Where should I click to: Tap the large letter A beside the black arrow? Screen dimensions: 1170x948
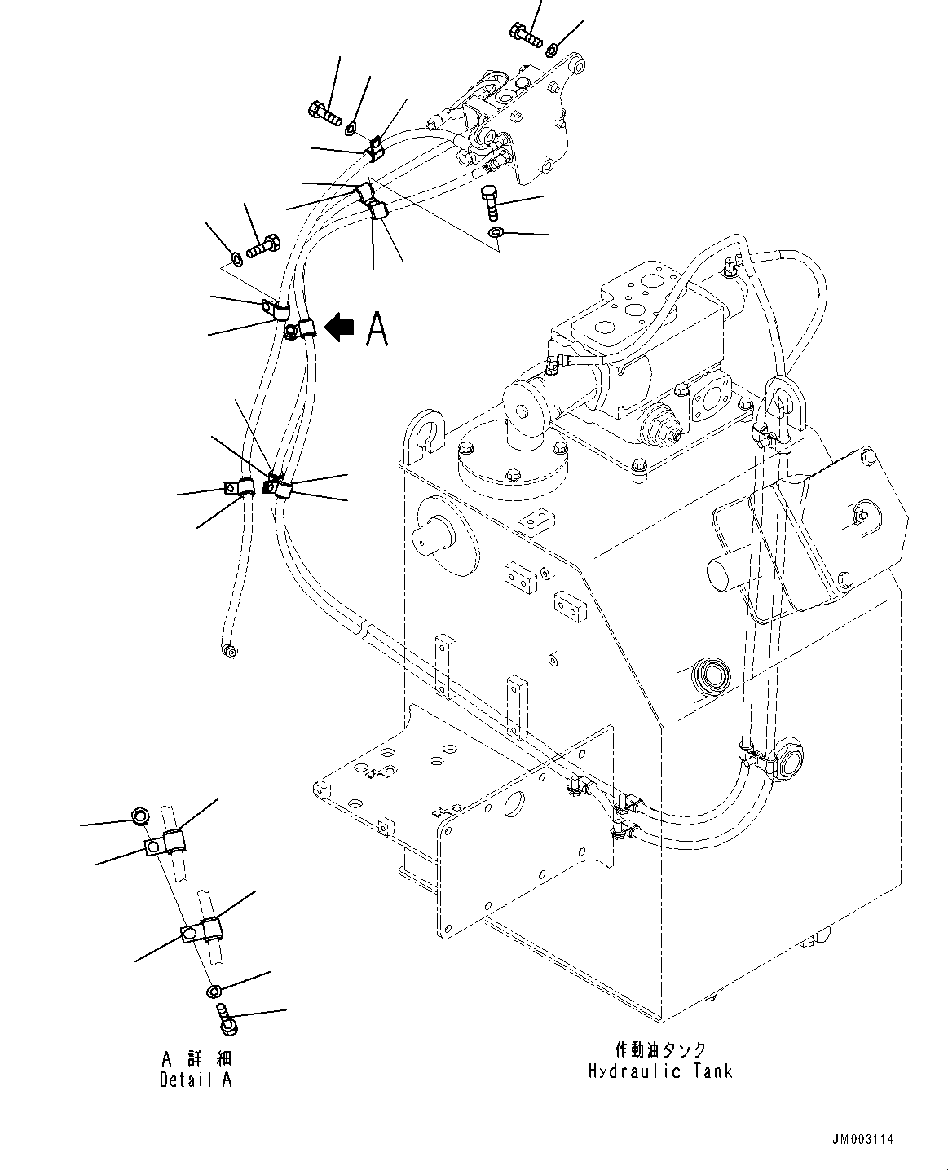click(x=376, y=328)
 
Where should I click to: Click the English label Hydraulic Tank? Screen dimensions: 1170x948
click(x=660, y=1071)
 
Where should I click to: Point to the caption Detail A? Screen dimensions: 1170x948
click(x=196, y=1080)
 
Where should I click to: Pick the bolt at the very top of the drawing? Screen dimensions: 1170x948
click(x=526, y=34)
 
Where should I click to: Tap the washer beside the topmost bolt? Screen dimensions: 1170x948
click(x=553, y=49)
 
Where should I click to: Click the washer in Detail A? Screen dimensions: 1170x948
click(x=214, y=991)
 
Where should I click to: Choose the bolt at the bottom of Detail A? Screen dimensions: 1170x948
click(x=226, y=1019)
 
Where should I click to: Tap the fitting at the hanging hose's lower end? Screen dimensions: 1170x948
click(x=229, y=650)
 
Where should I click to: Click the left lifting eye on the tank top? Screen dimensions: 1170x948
click(x=427, y=430)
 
